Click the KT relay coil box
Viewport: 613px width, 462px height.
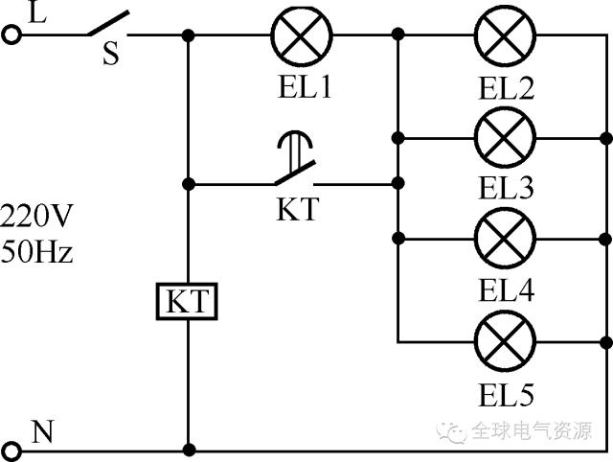click(188, 303)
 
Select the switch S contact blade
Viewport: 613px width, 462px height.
click(109, 25)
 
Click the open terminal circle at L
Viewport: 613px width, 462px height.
click(11, 35)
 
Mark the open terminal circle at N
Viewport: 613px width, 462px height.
click(11, 449)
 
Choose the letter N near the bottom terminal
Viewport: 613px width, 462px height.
click(42, 431)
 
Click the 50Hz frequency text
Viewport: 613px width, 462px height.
click(36, 253)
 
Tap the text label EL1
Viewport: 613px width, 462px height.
click(301, 89)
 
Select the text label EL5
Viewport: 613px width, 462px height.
click(506, 393)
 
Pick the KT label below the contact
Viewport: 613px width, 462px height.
click(297, 210)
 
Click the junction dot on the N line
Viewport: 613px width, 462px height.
click(189, 449)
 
